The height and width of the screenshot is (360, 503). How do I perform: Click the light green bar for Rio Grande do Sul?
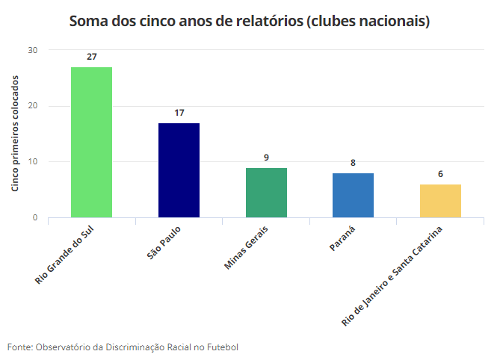point(91,142)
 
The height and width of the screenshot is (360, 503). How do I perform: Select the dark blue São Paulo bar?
point(179,170)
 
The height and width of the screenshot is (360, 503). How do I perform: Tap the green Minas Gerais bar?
point(266,193)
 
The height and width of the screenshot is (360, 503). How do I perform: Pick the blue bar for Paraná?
point(353,195)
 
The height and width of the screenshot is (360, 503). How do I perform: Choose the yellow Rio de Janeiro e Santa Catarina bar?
point(440,201)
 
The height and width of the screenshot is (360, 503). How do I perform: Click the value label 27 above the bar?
point(91,57)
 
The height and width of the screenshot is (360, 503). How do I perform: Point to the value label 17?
point(179,113)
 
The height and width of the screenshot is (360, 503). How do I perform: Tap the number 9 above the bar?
point(266,158)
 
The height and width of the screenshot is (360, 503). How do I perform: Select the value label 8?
point(353,163)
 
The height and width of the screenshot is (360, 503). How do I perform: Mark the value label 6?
point(440,174)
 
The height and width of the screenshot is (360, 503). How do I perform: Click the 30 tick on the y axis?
point(33,50)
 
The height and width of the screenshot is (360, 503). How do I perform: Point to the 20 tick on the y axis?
point(33,106)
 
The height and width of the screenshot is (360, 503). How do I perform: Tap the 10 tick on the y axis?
point(33,162)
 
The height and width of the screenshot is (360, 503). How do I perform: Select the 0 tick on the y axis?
point(35,218)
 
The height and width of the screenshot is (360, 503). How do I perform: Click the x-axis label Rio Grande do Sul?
point(68,255)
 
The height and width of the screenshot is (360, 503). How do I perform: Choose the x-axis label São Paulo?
point(164,243)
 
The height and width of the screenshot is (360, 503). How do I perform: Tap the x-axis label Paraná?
point(341,238)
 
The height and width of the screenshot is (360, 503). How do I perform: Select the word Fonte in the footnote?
point(19,347)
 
